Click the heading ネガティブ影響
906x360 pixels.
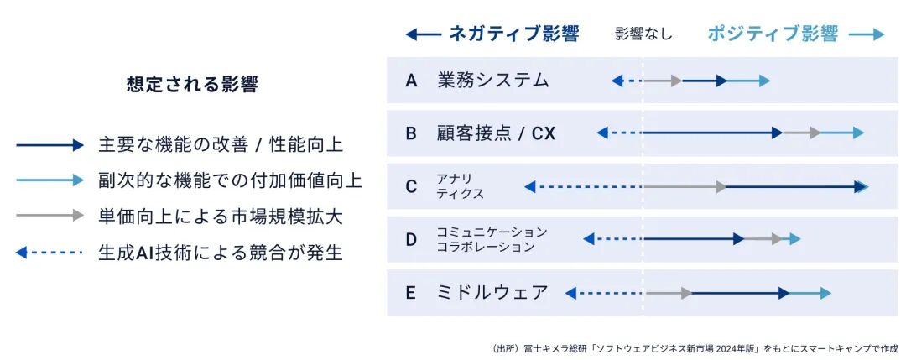513,34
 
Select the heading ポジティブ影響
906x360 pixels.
773,34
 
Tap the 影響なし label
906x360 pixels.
643,34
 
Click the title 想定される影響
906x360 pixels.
192,85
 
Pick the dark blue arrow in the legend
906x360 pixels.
49,146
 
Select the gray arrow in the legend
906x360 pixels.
49,216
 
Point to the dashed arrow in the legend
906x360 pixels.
49,253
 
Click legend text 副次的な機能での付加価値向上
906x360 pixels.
231,181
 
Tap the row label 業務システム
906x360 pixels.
493,81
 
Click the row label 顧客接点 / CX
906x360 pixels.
497,133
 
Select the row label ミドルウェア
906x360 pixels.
493,292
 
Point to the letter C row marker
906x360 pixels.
411,186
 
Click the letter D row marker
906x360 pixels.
411,239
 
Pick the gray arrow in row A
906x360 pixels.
662,81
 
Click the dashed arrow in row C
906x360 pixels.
584,186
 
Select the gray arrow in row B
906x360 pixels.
801,133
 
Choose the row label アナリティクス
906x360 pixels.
460,186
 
